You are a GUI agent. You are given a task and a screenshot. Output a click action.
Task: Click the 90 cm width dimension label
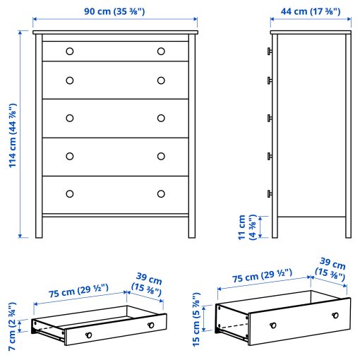[115, 12]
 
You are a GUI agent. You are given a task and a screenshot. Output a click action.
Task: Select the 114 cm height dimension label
[13, 136]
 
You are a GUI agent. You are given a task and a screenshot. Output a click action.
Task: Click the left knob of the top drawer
[69, 51]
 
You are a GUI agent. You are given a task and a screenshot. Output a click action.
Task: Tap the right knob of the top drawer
[161, 51]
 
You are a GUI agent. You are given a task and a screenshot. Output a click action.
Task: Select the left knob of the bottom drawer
[69, 193]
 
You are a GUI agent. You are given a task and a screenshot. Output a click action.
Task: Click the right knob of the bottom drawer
[161, 193]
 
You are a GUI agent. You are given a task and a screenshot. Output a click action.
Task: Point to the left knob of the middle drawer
[69, 118]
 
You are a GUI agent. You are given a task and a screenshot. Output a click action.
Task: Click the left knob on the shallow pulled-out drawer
[88, 335]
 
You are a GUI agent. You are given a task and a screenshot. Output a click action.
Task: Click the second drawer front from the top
[115, 80]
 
